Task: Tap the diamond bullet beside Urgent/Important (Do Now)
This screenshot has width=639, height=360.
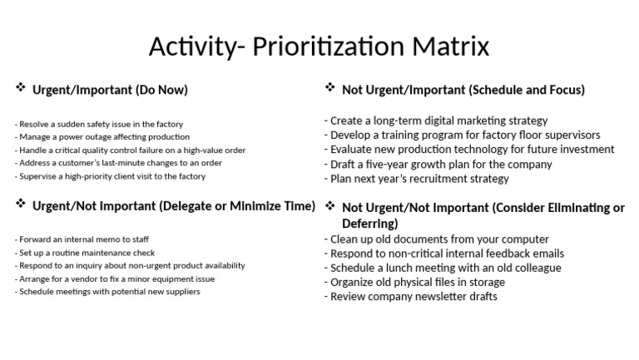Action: click(x=20, y=88)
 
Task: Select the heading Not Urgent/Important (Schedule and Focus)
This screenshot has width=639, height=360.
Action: click(x=463, y=90)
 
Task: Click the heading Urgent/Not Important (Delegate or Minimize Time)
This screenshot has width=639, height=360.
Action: click(x=173, y=205)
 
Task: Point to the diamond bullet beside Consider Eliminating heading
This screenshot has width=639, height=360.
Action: click(x=329, y=206)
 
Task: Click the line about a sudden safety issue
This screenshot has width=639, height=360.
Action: click(x=99, y=124)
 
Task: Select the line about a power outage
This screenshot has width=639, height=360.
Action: click(x=102, y=137)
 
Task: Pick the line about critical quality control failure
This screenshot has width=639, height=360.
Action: click(x=130, y=150)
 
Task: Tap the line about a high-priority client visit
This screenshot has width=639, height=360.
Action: click(x=110, y=176)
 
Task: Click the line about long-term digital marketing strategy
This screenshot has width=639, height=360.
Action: click(x=436, y=121)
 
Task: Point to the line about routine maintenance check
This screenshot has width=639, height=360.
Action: click(x=85, y=253)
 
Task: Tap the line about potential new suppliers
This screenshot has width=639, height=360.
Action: click(x=108, y=292)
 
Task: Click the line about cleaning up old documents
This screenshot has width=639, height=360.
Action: click(x=437, y=239)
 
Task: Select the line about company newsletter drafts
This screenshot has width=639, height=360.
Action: click(x=411, y=297)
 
